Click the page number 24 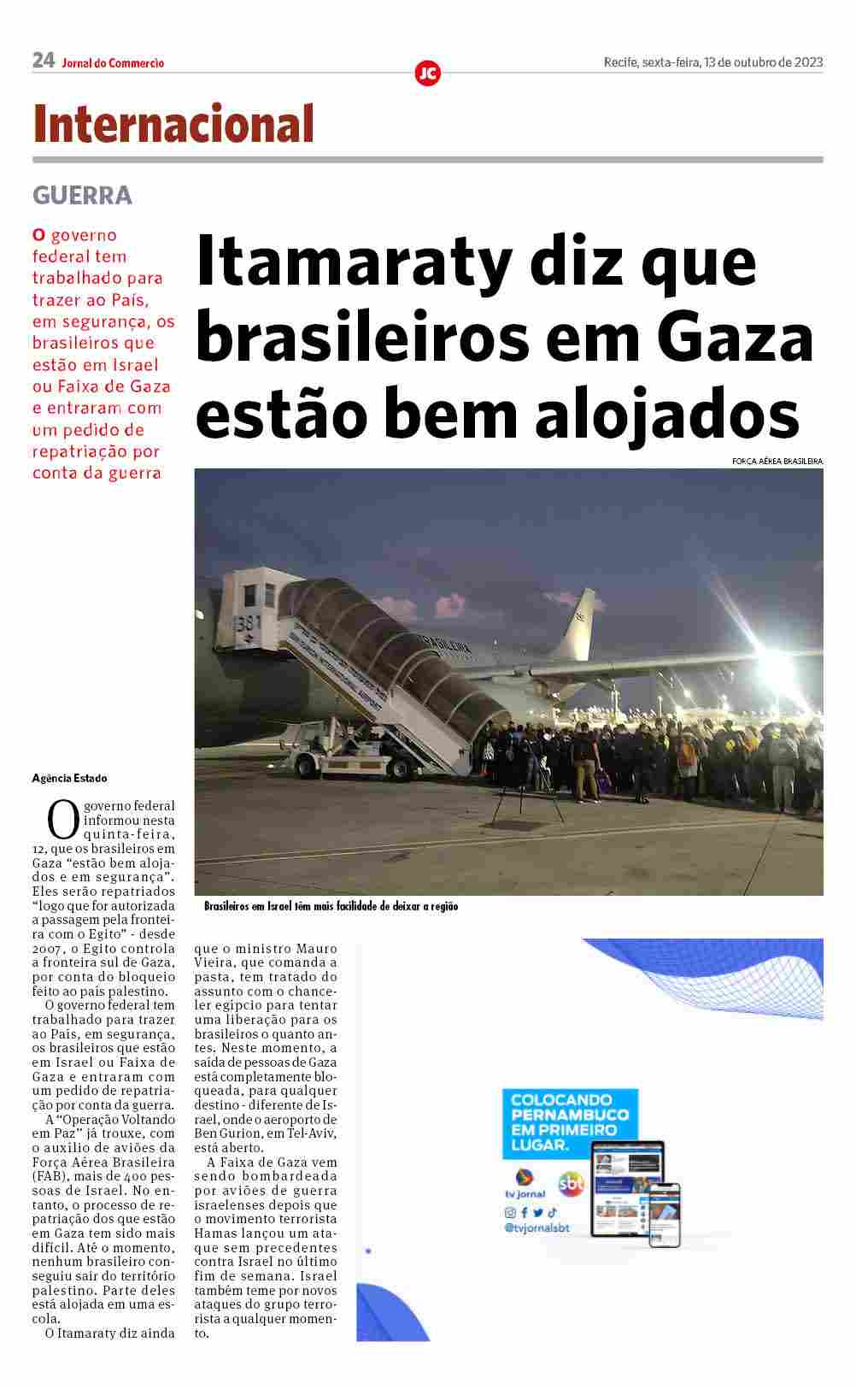(x=44, y=61)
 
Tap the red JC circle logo (x=427, y=74)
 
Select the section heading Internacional (x=173, y=125)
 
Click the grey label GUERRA (x=82, y=196)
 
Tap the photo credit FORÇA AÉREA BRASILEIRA (x=777, y=462)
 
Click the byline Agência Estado (x=70, y=779)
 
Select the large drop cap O (x=62, y=820)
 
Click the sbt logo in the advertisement (x=571, y=1184)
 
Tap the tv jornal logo (x=525, y=1183)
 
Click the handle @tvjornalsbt (x=536, y=1228)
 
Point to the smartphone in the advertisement (x=665, y=1214)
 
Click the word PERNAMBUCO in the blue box (x=569, y=1115)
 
